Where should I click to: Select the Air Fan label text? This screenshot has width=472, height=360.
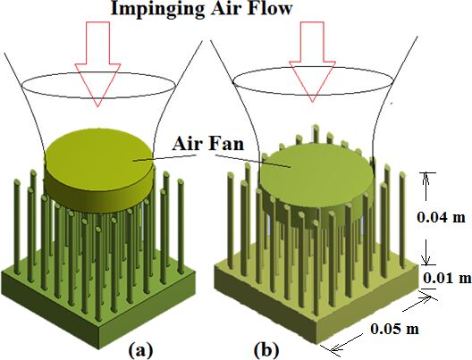(x=207, y=144)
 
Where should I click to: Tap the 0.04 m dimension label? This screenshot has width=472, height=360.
(x=441, y=217)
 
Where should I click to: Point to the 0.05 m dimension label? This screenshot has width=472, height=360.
(x=394, y=329)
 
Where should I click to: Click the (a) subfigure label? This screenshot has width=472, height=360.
(x=141, y=349)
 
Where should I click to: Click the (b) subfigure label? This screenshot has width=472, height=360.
(x=266, y=350)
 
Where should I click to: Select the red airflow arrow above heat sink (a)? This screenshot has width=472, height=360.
(x=97, y=63)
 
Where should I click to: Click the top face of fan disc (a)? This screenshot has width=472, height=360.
(x=99, y=159)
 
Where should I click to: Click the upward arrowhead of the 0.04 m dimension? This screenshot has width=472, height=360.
(x=426, y=179)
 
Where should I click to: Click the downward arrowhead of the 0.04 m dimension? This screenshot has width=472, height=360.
(x=426, y=259)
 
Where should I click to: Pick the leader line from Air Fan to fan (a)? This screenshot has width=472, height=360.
(x=165, y=158)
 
